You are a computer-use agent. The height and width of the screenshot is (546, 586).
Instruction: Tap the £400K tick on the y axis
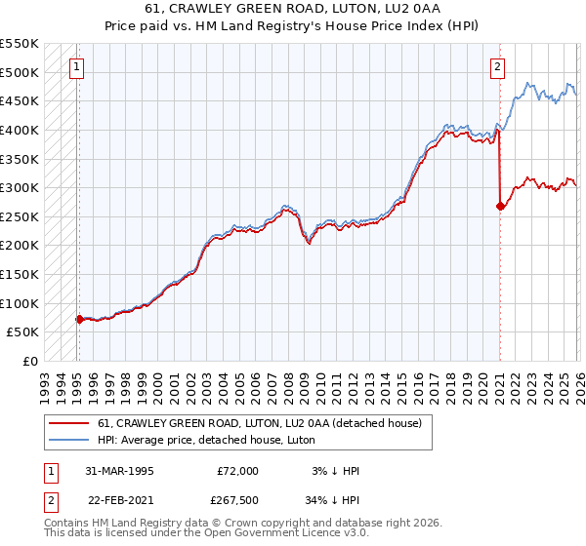(20, 130)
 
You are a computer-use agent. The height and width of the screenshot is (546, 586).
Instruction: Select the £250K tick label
(20, 216)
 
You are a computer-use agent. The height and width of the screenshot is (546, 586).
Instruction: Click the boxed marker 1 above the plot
(77, 67)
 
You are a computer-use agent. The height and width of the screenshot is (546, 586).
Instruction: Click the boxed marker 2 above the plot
(498, 67)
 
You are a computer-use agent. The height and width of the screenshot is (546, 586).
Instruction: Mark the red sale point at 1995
(79, 319)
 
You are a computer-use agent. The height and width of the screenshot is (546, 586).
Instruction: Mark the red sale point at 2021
(500, 206)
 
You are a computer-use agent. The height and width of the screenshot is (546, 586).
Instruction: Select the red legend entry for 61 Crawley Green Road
(259, 423)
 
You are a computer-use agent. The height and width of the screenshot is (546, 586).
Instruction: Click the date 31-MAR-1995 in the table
(119, 471)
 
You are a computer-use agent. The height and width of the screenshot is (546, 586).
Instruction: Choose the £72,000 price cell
(237, 471)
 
